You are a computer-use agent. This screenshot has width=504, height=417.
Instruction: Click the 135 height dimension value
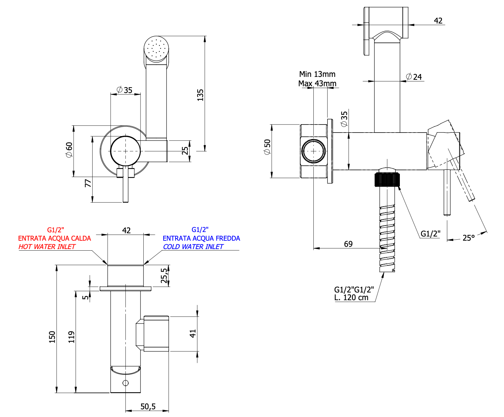tap(200, 95)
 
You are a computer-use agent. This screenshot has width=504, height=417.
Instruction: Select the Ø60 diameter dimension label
tap(69, 150)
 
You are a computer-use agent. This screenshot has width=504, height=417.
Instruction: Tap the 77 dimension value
tap(88, 183)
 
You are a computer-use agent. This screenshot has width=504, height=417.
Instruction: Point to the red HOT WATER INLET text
tap(47, 247)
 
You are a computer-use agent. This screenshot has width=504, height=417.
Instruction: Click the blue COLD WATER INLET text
tap(193, 247)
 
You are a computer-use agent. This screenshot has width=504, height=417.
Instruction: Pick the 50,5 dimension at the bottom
tap(148, 407)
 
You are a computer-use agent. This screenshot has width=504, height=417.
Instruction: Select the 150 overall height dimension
tap(52, 337)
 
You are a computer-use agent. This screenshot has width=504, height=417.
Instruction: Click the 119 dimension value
tap(71, 337)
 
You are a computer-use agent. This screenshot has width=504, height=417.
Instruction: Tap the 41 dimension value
tap(193, 333)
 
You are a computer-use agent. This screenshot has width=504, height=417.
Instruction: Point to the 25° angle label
tap(468, 238)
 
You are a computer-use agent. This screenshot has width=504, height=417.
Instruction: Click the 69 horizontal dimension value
tap(348, 244)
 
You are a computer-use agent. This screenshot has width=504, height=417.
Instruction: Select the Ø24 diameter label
tap(414, 77)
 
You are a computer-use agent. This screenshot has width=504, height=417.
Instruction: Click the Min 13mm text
tap(317, 74)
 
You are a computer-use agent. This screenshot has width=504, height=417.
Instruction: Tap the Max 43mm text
tap(317, 84)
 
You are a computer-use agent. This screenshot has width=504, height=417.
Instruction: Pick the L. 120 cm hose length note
tap(351, 298)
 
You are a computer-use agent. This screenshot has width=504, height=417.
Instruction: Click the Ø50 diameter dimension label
tap(267, 147)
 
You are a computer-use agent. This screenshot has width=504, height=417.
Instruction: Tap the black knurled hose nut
tap(387, 180)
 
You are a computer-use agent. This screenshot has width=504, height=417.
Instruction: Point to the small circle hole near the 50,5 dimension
tap(126, 383)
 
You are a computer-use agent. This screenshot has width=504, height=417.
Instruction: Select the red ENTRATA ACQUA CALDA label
tap(55, 238)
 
